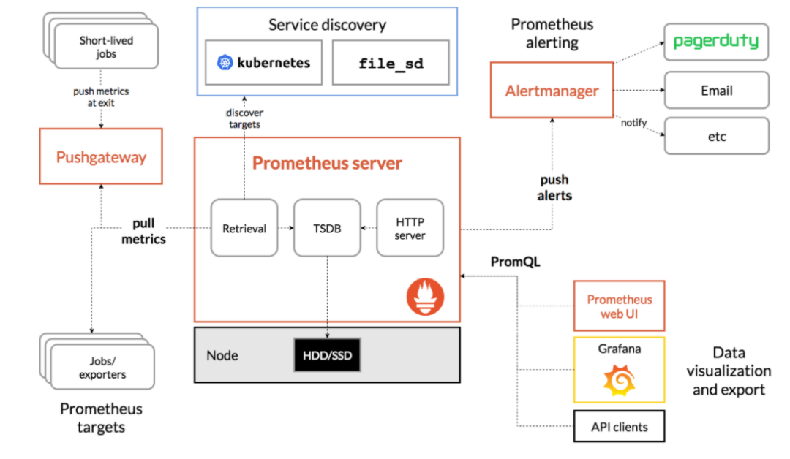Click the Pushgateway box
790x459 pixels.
click(101, 156)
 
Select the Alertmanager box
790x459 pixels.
click(552, 91)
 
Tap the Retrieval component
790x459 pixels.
click(244, 228)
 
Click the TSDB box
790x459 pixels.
click(327, 228)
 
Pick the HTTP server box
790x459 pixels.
click(410, 228)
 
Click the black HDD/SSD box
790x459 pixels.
click(327, 355)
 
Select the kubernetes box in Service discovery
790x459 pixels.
click(263, 62)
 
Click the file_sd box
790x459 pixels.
click(391, 62)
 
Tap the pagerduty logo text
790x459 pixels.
click(716, 41)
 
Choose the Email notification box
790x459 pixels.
click(716, 90)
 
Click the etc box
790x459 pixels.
click(716, 136)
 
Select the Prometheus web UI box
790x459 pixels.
click(620, 306)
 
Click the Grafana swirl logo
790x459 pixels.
click(620, 381)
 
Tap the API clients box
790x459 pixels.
click(620, 426)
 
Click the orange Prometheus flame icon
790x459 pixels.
click(425, 297)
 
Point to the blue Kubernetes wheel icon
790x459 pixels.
click(225, 62)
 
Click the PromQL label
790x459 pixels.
click(516, 262)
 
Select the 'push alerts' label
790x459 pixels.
click(554, 188)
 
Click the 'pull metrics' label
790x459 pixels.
click(143, 231)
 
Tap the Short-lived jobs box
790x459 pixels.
click(106, 47)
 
